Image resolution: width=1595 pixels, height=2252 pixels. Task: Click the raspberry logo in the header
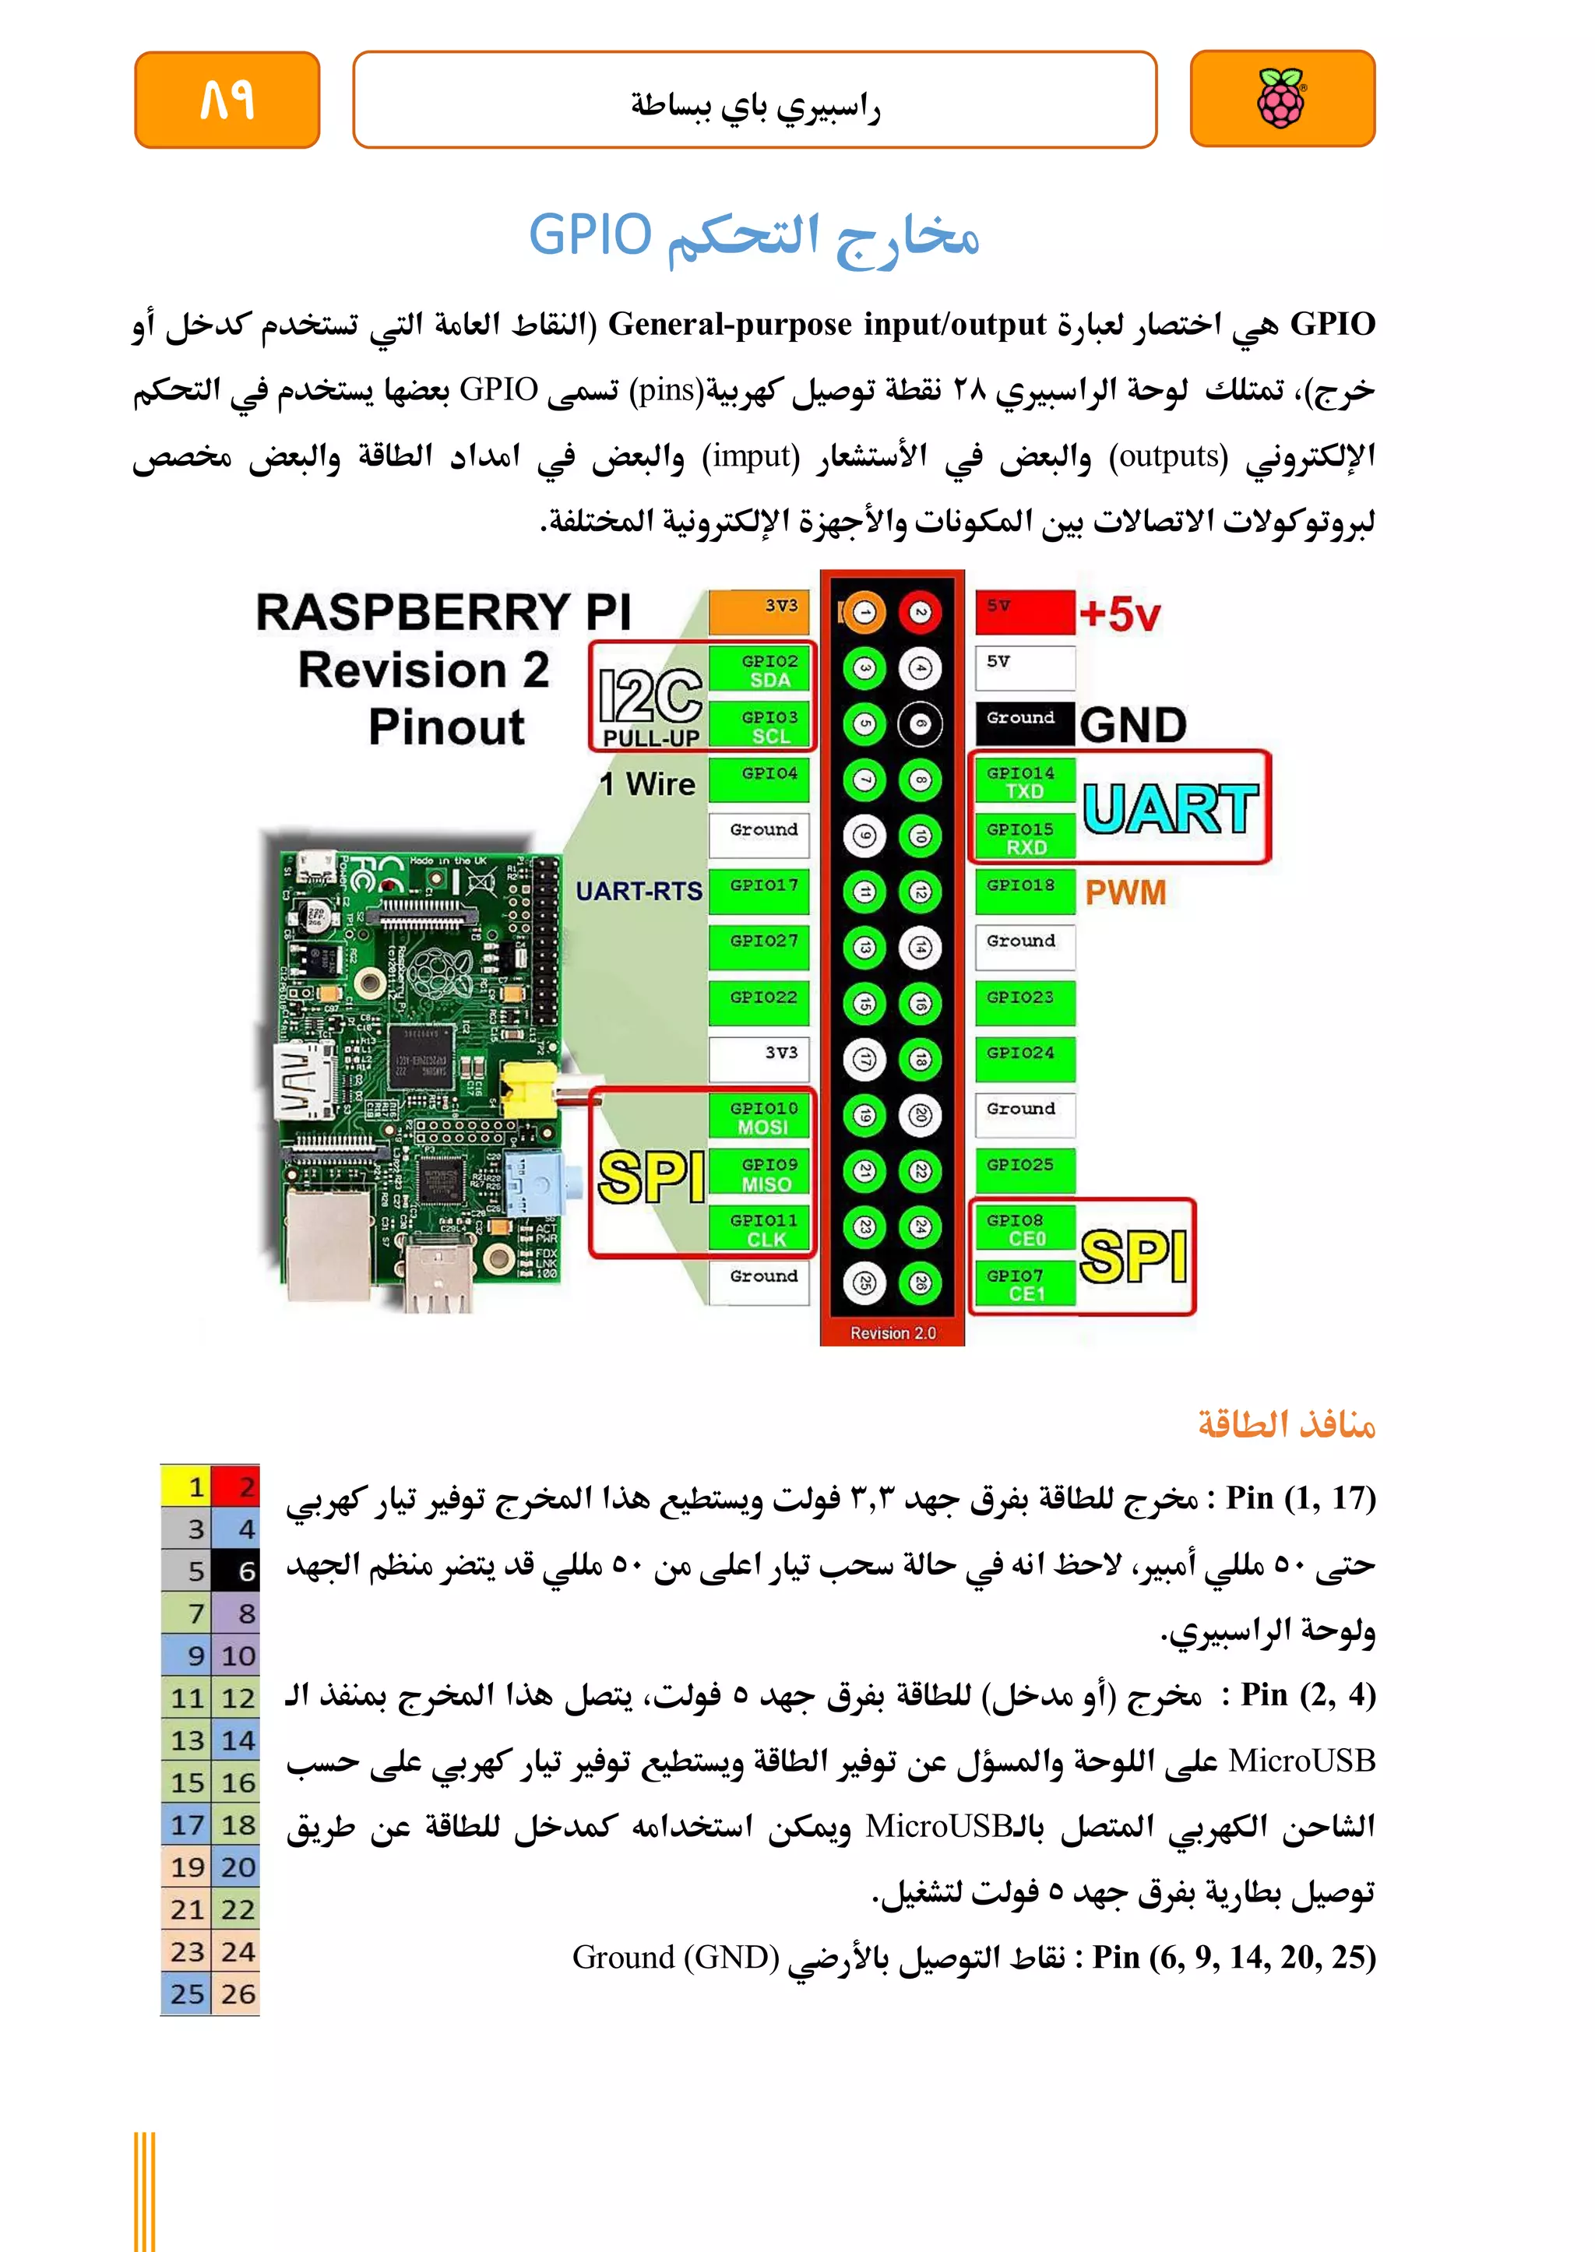pyautogui.click(x=1282, y=98)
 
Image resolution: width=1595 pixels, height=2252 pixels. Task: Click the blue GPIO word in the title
pyautogui.click(x=590, y=236)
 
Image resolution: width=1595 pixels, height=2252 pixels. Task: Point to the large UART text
pyautogui.click(x=1170, y=808)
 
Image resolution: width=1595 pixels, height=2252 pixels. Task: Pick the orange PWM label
pyautogui.click(x=1125, y=892)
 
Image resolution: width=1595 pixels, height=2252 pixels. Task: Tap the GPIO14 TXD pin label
pyautogui.click(x=1024, y=782)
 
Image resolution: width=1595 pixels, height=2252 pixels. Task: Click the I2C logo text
pyautogui.click(x=650, y=695)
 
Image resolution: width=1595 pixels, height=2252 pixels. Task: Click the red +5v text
pyautogui.click(x=1120, y=615)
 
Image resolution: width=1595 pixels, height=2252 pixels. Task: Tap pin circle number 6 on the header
pyautogui.click(x=921, y=725)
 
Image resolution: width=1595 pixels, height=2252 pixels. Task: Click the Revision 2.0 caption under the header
pyautogui.click(x=893, y=1332)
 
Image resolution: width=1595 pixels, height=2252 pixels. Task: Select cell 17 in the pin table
pyautogui.click(x=187, y=1824)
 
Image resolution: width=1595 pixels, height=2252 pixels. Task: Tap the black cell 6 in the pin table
pyautogui.click(x=237, y=1571)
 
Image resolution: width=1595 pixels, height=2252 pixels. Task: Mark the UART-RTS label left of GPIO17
pyautogui.click(x=639, y=891)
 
